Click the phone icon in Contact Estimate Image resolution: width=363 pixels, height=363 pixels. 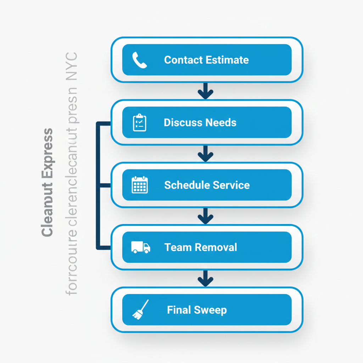click(139, 60)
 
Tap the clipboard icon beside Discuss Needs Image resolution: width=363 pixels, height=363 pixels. click(139, 123)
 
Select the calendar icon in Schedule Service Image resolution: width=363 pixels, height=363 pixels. click(139, 185)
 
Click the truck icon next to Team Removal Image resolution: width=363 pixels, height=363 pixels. click(140, 247)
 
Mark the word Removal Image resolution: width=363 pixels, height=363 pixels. click(215, 247)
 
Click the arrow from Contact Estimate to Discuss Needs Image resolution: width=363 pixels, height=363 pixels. click(206, 91)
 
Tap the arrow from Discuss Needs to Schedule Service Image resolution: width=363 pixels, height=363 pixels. click(206, 154)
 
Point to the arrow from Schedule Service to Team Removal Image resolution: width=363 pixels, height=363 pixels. click(206, 216)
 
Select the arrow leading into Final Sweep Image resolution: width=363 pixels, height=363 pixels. click(206, 279)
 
